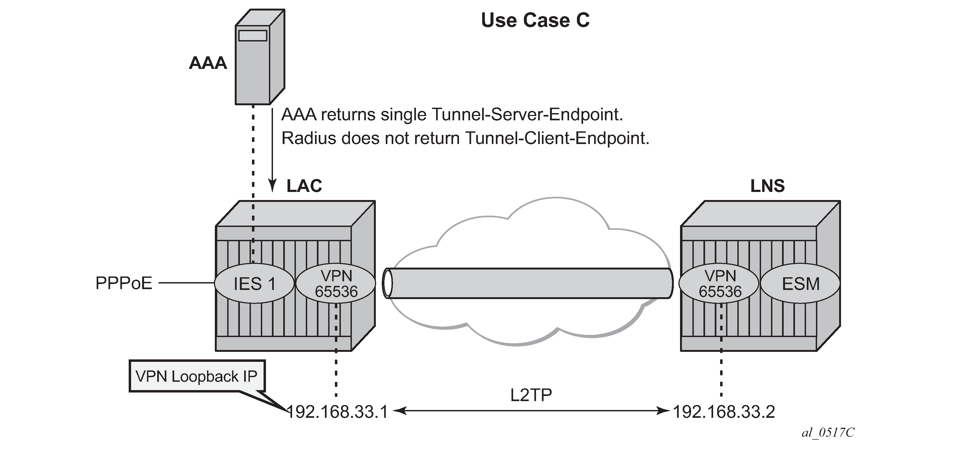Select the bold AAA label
coord(208,63)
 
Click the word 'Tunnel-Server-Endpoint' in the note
coord(527,115)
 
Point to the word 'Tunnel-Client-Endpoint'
coord(557,138)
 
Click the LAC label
coord(304,186)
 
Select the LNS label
coord(767,186)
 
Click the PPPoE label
coord(124,283)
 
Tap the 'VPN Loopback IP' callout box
coord(197,376)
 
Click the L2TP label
coord(531,395)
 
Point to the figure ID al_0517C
coord(828,432)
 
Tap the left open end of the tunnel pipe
coord(387,283)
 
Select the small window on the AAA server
coord(253,36)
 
